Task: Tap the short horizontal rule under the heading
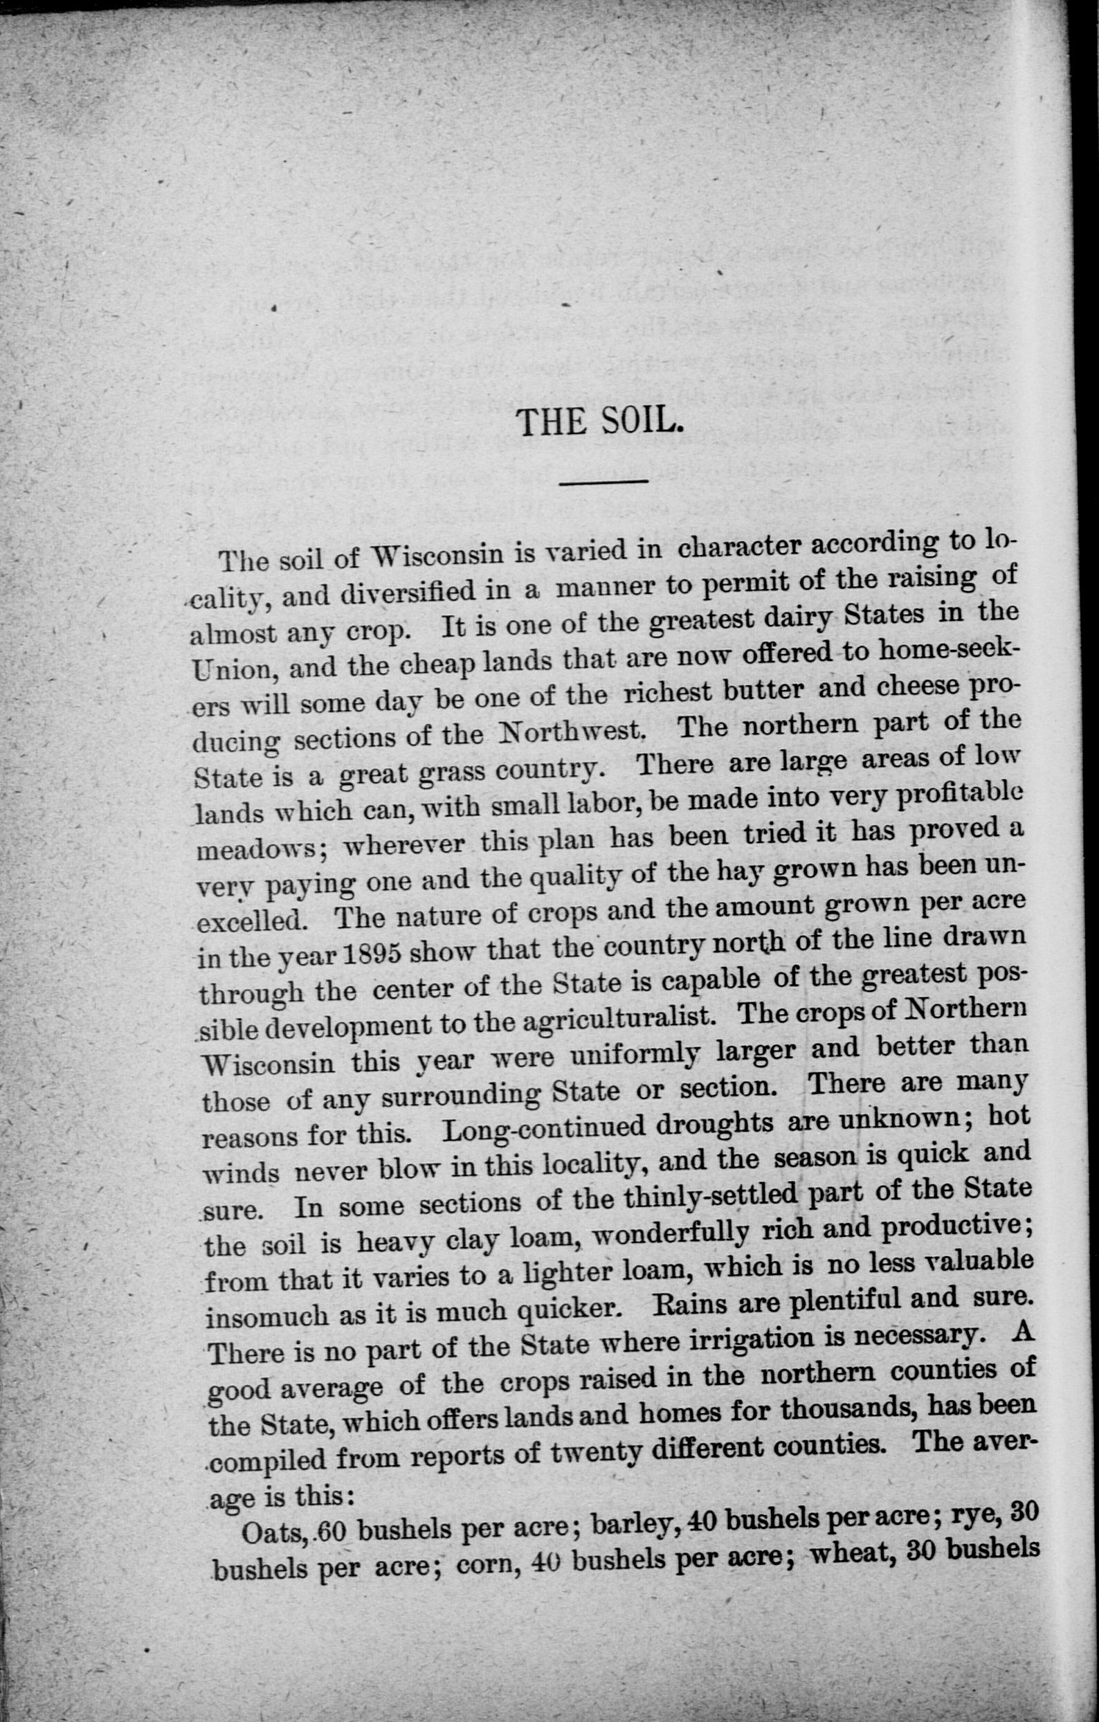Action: pyautogui.click(x=603, y=482)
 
